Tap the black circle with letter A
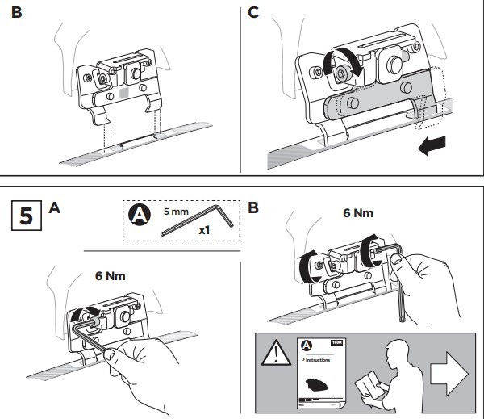pyautogui.click(x=140, y=216)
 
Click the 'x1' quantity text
pyautogui.click(x=205, y=229)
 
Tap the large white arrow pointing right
pyautogui.click(x=449, y=374)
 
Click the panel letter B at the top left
pyautogui.click(x=15, y=15)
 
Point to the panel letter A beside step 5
pyautogui.click(x=55, y=208)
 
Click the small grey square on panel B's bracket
pyautogui.click(x=123, y=94)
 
